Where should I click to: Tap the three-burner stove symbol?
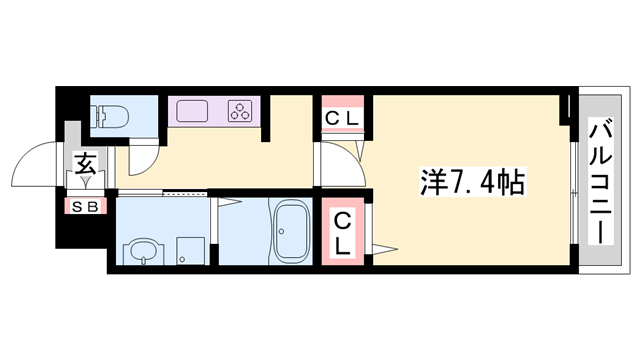(240, 110)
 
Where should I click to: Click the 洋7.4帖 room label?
(471, 183)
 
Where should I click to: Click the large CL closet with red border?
(342, 232)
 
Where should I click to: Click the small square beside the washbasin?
(187, 249)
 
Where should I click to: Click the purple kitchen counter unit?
(213, 110)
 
